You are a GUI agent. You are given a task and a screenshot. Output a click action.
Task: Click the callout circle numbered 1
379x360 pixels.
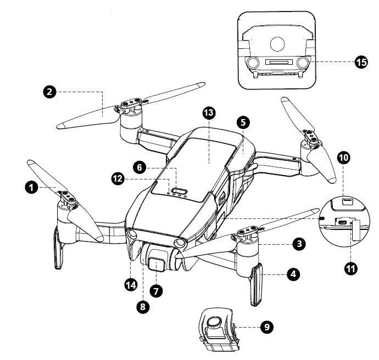point(32,188)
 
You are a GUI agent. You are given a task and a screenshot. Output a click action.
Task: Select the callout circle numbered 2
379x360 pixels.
point(50,92)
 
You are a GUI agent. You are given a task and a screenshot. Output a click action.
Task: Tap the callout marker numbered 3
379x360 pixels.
point(299,244)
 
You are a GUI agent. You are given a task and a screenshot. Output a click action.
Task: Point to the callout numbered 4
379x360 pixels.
point(294,273)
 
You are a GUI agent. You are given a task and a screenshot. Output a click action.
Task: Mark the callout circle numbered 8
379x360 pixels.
point(143,307)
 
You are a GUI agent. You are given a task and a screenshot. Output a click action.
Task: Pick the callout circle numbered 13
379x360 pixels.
point(209,113)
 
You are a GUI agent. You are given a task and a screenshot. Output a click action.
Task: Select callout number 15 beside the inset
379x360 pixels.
point(360,62)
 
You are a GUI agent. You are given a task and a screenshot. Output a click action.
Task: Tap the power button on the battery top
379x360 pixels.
point(180,191)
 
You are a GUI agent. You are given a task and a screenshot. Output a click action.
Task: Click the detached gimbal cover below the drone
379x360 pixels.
point(217,329)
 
